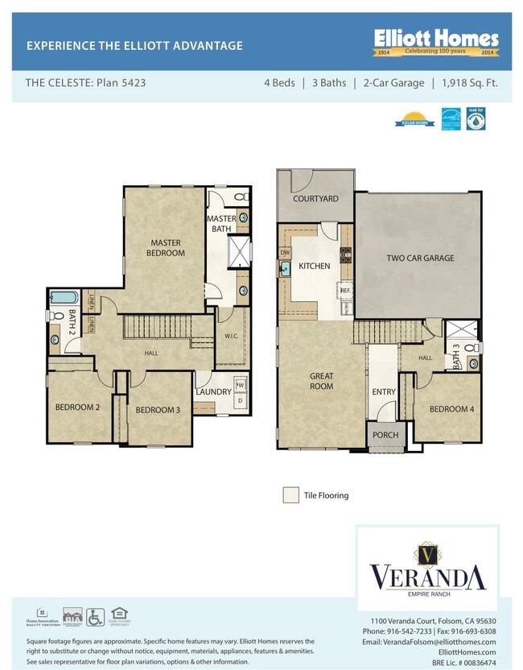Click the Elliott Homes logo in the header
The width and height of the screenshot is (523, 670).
[435, 42]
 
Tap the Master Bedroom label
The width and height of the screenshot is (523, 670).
[167, 248]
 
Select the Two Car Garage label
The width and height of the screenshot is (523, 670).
[420, 258]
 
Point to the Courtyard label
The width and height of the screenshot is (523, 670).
[315, 198]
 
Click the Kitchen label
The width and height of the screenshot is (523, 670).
[315, 266]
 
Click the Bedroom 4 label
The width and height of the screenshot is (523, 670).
[451, 409]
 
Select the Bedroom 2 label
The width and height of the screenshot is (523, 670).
[77, 407]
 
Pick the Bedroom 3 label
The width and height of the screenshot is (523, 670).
[158, 410]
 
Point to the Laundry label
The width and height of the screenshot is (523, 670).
[213, 392]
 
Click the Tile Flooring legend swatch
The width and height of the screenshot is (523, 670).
[290, 495]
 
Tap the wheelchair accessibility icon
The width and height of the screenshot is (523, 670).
[96, 616]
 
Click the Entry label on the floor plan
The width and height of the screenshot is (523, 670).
[383, 392]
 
